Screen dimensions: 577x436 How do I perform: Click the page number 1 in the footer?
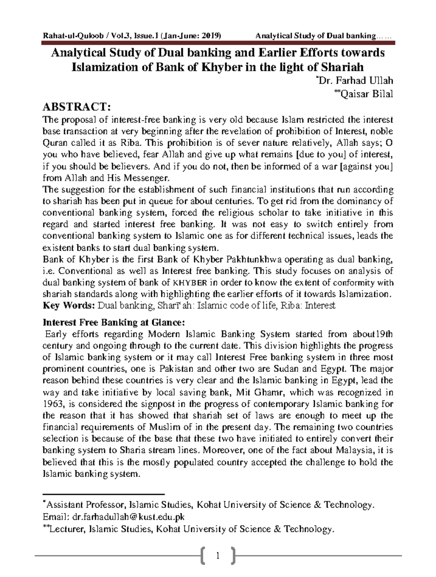tap(218, 556)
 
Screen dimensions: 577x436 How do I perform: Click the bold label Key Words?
tap(68, 305)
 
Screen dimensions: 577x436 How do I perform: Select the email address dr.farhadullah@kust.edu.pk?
tap(129, 516)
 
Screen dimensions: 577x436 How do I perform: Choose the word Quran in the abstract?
tap(53, 143)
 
